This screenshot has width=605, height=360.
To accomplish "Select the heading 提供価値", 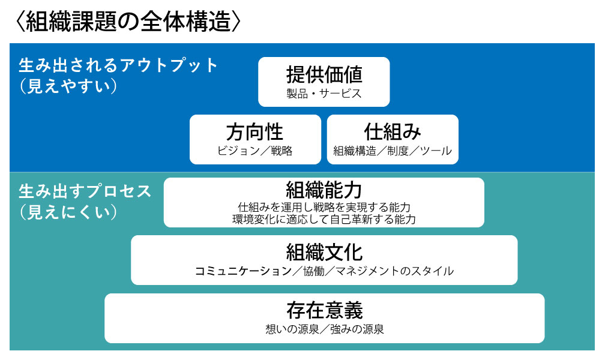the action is point(324,74).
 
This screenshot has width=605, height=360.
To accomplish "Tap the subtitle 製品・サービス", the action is point(324,94).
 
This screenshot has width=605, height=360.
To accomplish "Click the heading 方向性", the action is point(254,132).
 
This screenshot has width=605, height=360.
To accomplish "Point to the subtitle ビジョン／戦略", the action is point(254,151).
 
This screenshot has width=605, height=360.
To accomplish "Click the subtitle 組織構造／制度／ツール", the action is point(393,151).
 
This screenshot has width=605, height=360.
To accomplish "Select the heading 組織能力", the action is point(324,190).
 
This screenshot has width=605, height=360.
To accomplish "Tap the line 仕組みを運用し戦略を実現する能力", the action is point(324,207).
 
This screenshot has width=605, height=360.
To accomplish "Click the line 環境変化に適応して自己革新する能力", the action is point(324,219).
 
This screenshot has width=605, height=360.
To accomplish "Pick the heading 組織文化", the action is point(324,253).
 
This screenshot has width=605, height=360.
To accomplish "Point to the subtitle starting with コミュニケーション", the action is point(324,271).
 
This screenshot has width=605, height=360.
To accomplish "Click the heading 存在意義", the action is point(324,311).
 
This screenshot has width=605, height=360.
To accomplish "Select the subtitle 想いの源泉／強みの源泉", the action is point(324,329).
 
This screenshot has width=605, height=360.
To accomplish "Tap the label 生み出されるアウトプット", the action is point(118,65).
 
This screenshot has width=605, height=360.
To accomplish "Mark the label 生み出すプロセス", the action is point(85,191).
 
